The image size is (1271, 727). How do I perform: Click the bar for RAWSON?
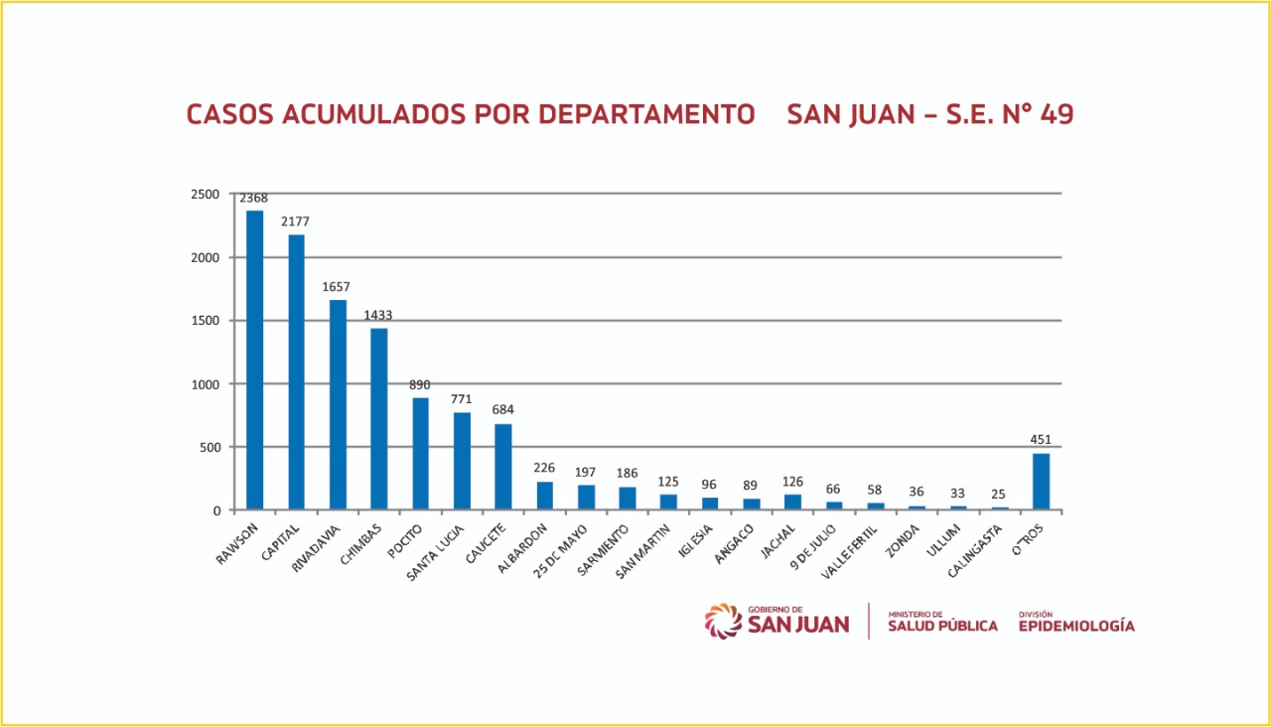point(255,360)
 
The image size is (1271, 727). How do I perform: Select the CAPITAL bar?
point(297,372)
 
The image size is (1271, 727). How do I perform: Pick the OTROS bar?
point(1041,482)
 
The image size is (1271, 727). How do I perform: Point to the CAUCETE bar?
point(503,467)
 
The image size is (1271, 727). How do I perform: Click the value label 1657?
point(338,287)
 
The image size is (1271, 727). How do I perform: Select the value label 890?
point(421,385)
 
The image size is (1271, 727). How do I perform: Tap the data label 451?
point(1041,440)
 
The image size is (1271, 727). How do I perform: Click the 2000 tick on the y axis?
point(205,257)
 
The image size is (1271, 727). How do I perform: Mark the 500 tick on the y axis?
point(209,447)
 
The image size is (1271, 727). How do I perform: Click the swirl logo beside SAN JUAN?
point(723,621)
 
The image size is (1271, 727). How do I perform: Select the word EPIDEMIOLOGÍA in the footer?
point(1075,626)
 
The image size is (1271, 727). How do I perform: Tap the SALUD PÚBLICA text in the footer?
point(942,626)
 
